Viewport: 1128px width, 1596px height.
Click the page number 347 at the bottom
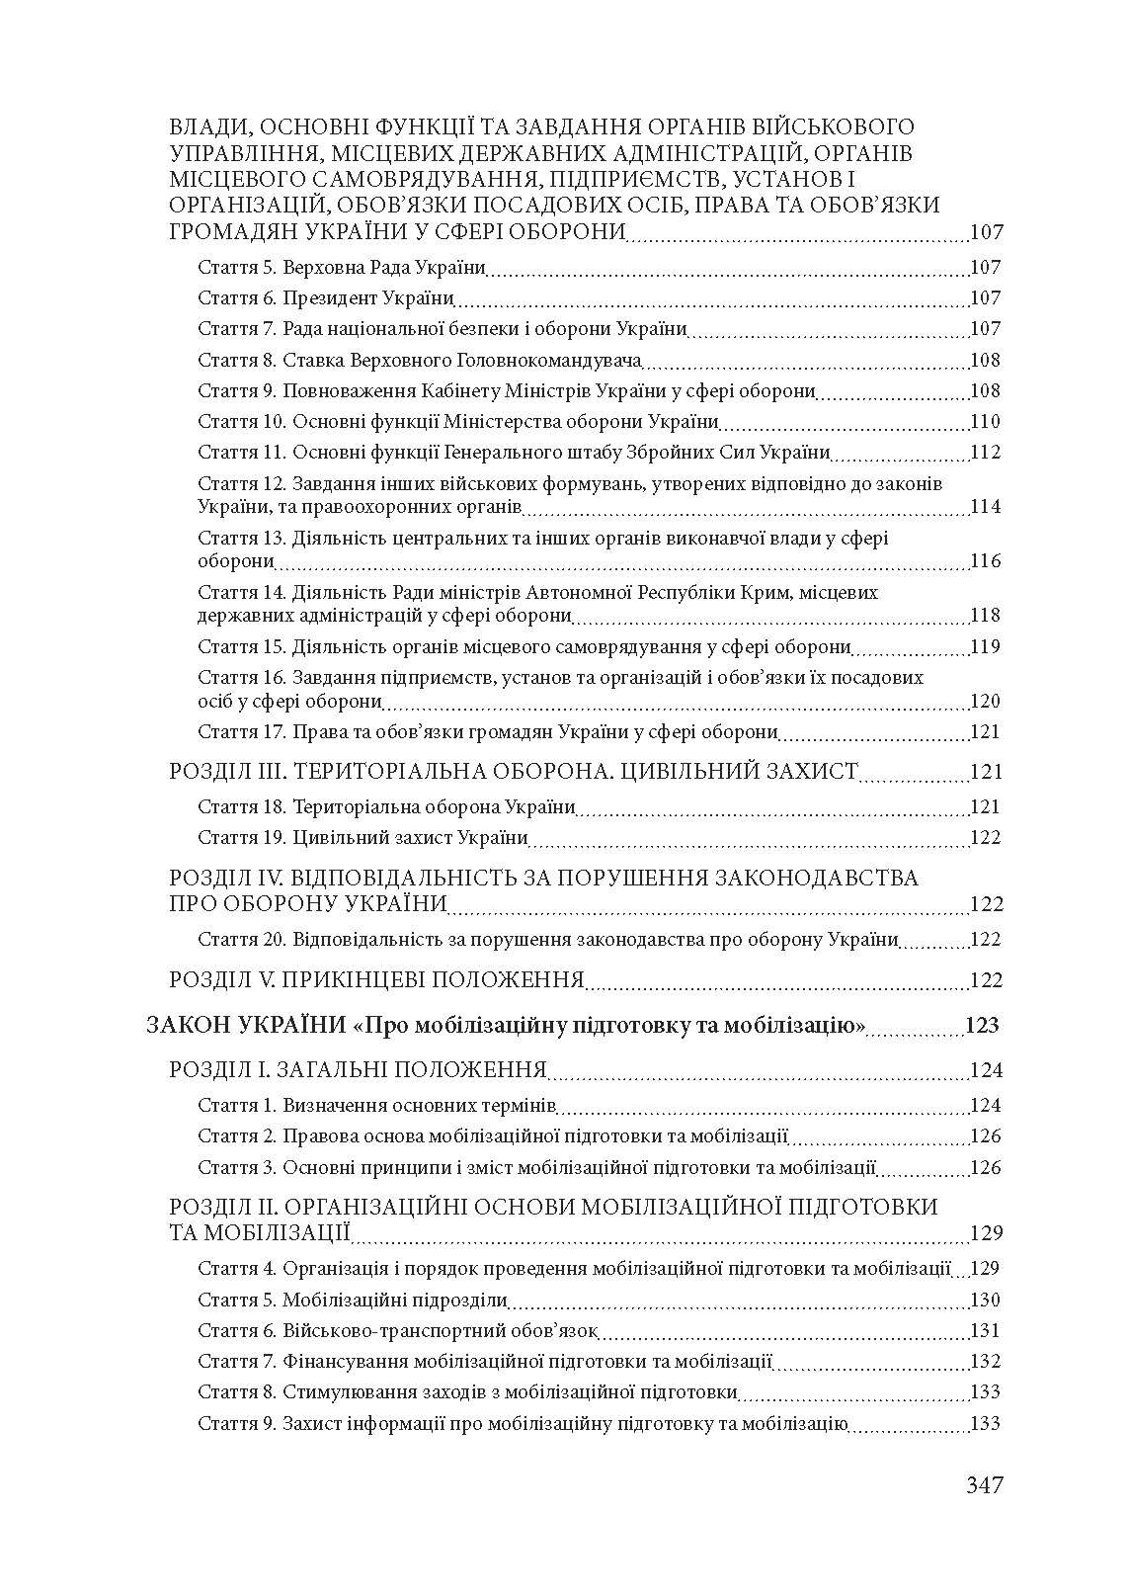point(984,1485)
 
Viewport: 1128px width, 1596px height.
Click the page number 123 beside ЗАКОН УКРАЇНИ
point(982,1025)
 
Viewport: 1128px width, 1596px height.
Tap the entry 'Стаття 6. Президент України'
point(326,298)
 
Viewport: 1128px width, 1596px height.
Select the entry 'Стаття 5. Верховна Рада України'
point(342,268)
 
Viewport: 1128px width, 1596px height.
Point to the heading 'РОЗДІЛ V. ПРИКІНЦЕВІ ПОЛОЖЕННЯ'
point(377,980)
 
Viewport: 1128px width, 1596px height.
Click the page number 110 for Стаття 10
point(985,422)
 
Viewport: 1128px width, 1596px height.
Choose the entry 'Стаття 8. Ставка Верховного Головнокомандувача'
point(420,361)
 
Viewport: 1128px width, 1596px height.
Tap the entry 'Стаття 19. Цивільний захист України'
point(363,838)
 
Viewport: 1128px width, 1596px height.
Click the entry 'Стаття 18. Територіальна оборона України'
point(386,807)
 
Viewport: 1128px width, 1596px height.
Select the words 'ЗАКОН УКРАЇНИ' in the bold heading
point(245,1025)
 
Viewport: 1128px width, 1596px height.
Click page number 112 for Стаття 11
point(985,453)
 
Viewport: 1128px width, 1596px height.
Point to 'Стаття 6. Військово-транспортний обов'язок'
point(398,1331)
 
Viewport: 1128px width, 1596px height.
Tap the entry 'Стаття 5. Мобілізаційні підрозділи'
point(353,1301)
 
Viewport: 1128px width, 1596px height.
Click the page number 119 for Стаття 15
point(985,647)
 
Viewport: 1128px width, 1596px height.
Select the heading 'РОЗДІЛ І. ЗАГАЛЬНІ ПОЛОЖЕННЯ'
point(359,1070)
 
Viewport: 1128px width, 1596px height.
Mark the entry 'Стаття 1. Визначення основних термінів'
point(377,1106)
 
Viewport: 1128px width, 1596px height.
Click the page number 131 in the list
point(985,1331)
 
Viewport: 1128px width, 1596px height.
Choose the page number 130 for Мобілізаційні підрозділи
point(985,1301)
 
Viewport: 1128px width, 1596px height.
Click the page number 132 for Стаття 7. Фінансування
point(985,1362)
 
